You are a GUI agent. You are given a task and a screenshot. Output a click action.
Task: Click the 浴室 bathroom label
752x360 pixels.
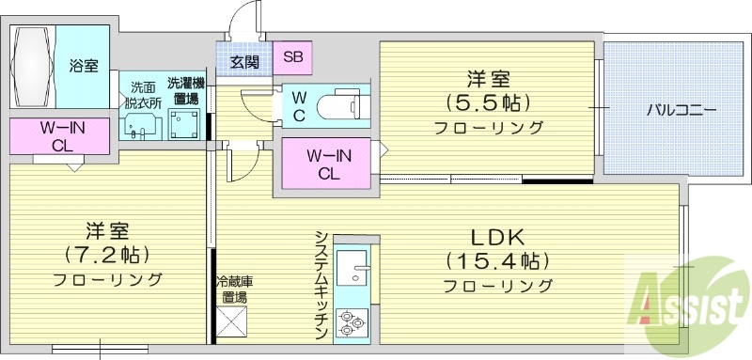(x=84, y=66)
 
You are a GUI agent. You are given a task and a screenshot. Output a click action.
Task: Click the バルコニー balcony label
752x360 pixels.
(x=681, y=110)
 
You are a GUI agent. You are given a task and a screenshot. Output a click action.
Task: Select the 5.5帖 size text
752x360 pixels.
(x=489, y=102)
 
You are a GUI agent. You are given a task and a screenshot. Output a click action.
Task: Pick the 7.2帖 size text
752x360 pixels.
(x=107, y=254)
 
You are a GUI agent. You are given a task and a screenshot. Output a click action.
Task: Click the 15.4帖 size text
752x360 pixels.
(x=496, y=259)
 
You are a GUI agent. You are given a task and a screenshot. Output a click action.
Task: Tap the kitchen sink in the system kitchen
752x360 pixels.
(x=354, y=268)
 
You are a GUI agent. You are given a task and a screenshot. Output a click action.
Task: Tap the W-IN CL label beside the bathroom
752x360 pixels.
(x=58, y=137)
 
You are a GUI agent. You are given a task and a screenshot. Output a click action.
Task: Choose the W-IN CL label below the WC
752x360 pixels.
(x=328, y=164)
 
